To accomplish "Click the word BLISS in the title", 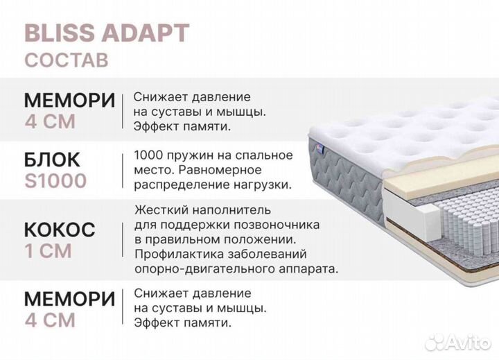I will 55,32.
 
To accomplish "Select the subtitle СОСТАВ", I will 66,60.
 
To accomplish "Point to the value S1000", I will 55,182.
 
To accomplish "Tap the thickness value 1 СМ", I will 48,250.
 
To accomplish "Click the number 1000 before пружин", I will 149,155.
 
